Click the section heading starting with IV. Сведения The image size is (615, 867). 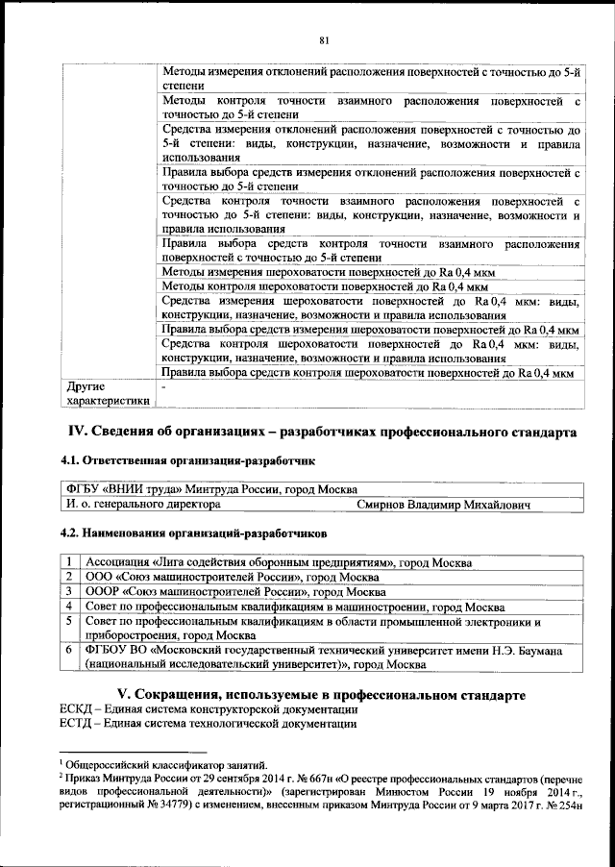(320, 431)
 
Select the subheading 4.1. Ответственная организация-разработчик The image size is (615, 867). (188, 462)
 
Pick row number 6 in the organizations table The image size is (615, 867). (70, 651)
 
